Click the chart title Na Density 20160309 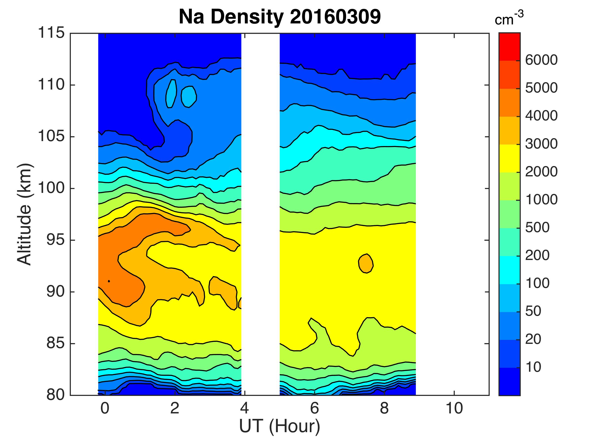click(280, 17)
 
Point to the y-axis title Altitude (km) click(25, 214)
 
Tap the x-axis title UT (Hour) click(280, 426)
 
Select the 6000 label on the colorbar click(541, 60)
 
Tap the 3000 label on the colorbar click(541, 144)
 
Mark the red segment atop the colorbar click(509, 47)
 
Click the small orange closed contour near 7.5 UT click(366, 263)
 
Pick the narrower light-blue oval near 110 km click(171, 94)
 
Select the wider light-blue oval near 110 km click(189, 97)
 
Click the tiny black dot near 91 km click(109, 281)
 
